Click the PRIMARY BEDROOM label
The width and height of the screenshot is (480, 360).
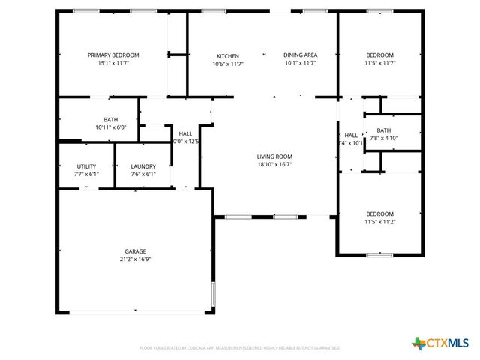tap(113, 55)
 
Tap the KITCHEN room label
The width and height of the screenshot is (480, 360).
tap(228, 56)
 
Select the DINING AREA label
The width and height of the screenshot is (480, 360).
tap(300, 55)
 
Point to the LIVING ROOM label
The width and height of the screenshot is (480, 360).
tap(274, 157)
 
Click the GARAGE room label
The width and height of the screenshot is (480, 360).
tap(135, 251)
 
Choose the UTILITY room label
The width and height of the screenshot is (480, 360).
tap(86, 166)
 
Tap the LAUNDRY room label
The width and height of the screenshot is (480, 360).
tap(143, 166)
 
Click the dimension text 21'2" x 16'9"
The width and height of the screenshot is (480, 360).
tap(135, 259)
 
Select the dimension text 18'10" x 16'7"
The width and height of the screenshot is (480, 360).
tap(274, 165)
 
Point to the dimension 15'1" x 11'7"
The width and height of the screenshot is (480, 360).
tap(113, 64)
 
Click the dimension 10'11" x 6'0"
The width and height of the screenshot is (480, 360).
tap(111, 127)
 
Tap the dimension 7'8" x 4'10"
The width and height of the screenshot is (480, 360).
tap(383, 138)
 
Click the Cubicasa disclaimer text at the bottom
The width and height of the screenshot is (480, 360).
tap(240, 348)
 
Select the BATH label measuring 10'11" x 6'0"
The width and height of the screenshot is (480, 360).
tap(111, 120)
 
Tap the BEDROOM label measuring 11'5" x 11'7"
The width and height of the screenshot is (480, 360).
tap(379, 55)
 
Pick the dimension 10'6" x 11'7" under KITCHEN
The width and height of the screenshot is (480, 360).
tap(228, 64)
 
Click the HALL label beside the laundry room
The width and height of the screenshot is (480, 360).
tap(185, 133)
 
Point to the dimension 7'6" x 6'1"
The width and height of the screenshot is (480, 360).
tap(143, 174)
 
